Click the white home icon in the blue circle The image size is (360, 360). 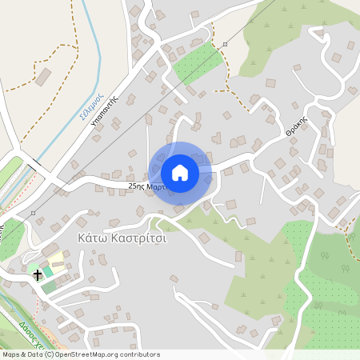pos(180,172)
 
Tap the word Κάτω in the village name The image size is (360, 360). pos(94,238)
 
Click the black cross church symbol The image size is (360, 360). pos(37,274)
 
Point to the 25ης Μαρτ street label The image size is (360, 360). pos(145,186)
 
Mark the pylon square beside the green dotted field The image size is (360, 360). pos(226,44)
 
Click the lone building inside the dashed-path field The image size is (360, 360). pos(44,76)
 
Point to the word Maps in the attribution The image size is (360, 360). pos(11,354)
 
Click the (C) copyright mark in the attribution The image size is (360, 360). pos(49,354)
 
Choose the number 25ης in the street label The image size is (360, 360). pos(136,186)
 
